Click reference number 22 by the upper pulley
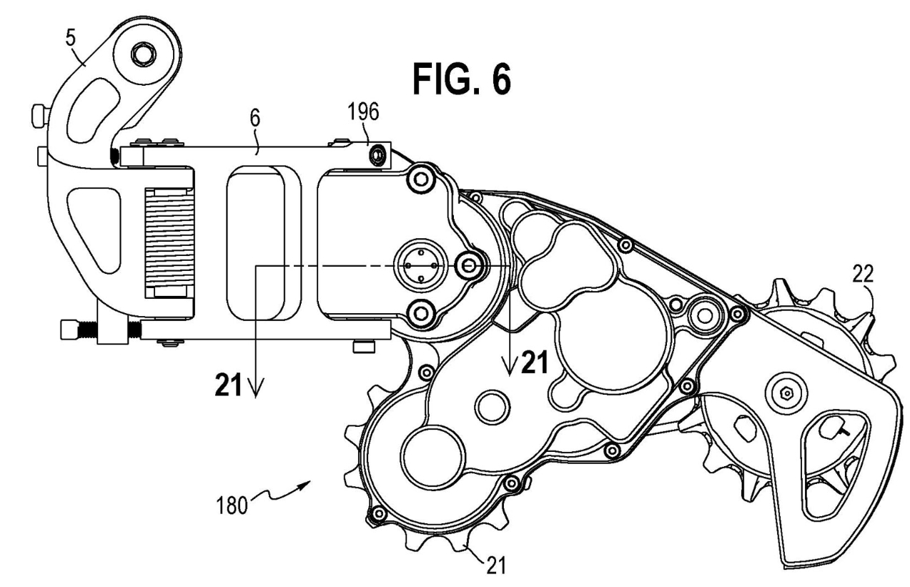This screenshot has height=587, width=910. [864, 272]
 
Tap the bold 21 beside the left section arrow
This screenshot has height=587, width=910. [230, 386]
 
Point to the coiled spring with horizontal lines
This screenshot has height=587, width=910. [169, 243]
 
